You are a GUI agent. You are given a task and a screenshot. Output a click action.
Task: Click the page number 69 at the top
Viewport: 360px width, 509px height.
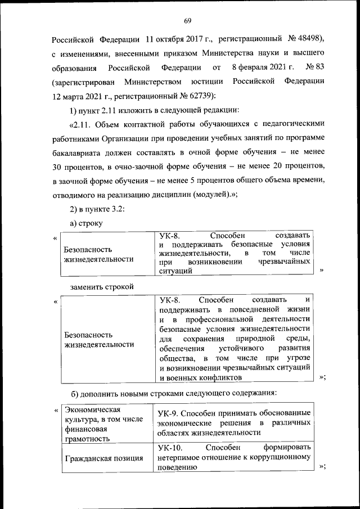click(188, 21)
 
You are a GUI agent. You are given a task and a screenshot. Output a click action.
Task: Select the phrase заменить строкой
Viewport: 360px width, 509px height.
click(102, 286)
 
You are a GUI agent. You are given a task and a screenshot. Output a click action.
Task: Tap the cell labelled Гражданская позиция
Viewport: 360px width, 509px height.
click(103, 457)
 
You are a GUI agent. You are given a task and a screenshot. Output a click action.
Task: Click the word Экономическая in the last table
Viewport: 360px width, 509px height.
click(91, 409)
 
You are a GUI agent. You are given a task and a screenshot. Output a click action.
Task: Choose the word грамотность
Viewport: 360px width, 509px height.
click(87, 438)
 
